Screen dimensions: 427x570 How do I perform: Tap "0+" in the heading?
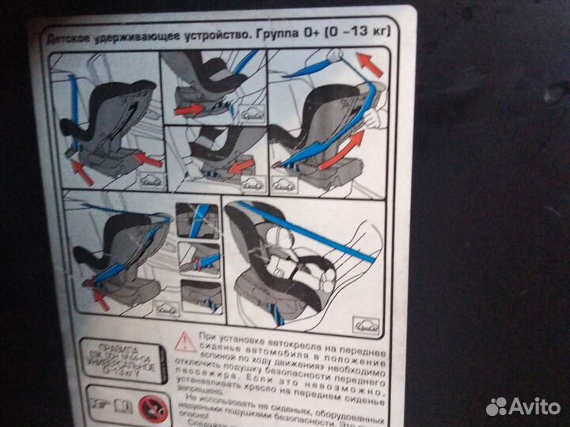point(306,34)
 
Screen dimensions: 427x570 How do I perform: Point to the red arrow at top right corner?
point(369,63)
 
